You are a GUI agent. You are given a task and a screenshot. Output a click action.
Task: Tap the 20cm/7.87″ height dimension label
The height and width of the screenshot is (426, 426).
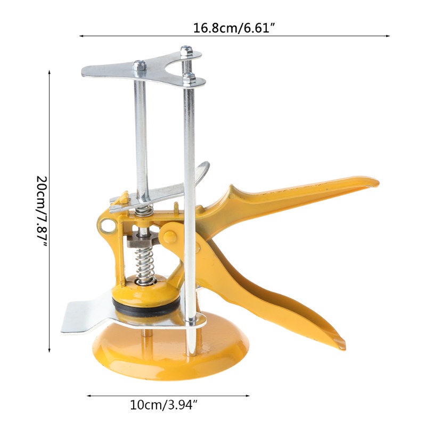click(43, 211)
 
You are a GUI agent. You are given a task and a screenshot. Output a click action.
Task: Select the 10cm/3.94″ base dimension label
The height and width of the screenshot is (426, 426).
click(163, 405)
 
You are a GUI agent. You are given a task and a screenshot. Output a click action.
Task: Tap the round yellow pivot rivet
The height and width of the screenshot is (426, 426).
click(169, 236)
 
